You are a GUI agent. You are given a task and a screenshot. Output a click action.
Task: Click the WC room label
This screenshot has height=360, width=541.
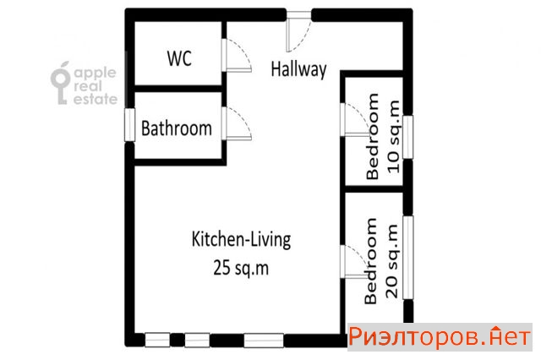179,58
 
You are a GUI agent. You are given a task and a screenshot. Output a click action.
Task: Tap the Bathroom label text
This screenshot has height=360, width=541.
177,128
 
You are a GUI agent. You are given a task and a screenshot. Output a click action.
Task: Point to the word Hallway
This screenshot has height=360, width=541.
298,69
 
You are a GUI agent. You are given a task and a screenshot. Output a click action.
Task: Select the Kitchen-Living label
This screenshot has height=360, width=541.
241,239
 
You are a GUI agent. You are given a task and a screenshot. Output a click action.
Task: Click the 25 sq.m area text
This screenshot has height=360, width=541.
241,268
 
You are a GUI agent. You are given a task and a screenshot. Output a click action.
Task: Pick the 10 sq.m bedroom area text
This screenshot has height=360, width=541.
394,137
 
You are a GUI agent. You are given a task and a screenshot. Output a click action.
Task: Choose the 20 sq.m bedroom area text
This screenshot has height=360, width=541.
392,261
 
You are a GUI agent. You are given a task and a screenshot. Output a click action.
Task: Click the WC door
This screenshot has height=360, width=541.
237,55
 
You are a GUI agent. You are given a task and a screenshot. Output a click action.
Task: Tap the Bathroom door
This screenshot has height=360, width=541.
237,123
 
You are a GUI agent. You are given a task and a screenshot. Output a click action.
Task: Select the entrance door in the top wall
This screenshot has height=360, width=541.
298,31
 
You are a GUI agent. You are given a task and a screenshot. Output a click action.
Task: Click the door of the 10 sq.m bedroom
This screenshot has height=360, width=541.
355,119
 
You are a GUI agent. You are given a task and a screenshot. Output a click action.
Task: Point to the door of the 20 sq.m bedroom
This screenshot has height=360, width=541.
355,261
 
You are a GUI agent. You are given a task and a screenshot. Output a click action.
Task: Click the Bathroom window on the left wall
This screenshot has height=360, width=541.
129,125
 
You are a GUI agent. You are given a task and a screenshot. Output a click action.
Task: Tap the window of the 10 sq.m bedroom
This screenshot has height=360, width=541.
407,137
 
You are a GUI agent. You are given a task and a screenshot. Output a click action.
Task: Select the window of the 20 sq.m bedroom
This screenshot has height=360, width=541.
408,257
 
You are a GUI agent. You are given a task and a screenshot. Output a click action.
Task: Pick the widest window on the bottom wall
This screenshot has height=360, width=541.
264,341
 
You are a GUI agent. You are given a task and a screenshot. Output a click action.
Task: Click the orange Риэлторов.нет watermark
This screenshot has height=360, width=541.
440,336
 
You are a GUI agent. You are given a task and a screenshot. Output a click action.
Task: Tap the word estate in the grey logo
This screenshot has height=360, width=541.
96,99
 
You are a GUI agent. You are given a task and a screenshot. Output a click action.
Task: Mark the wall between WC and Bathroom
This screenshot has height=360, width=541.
178,89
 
